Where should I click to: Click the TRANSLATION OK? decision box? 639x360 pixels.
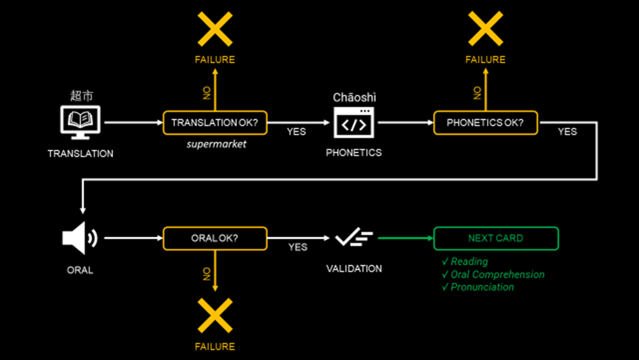point(215,123)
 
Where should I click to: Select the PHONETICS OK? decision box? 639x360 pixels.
point(485,123)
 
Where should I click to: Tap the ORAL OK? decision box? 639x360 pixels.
point(215,239)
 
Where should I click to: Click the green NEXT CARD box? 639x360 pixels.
point(496,239)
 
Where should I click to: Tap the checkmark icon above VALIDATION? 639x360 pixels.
point(353,239)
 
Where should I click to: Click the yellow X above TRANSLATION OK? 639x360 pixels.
point(215,29)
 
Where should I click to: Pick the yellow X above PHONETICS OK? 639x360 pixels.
point(486,29)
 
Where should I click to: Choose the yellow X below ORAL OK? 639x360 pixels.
point(215,316)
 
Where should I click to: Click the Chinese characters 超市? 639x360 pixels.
point(81,96)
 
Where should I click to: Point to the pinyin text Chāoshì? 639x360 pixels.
point(355,97)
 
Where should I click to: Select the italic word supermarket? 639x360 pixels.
point(216,144)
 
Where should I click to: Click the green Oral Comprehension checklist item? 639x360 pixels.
point(493,274)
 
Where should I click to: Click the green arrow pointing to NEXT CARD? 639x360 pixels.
point(405,239)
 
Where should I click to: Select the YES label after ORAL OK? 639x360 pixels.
point(298,247)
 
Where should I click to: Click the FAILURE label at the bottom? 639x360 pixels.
point(215,347)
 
